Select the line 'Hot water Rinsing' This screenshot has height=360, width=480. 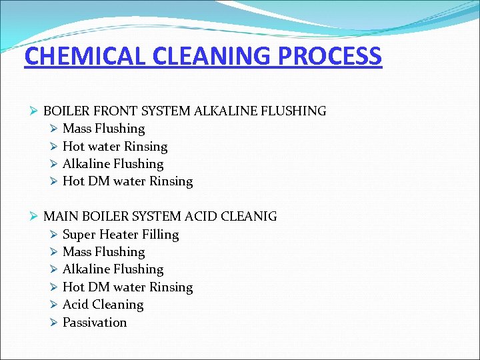point(115,147)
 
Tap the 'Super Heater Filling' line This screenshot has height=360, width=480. point(121,235)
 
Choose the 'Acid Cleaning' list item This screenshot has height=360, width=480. point(103,305)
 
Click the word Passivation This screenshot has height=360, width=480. point(95,323)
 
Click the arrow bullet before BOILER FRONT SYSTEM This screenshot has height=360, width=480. point(35,111)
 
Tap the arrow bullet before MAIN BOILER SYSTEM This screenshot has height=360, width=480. point(35,217)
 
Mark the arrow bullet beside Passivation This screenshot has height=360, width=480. point(54,323)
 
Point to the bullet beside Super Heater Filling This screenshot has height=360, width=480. point(54,235)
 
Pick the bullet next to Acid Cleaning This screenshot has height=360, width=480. point(54,305)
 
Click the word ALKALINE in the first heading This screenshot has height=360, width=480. point(222,111)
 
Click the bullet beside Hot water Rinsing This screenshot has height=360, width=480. point(54,147)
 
